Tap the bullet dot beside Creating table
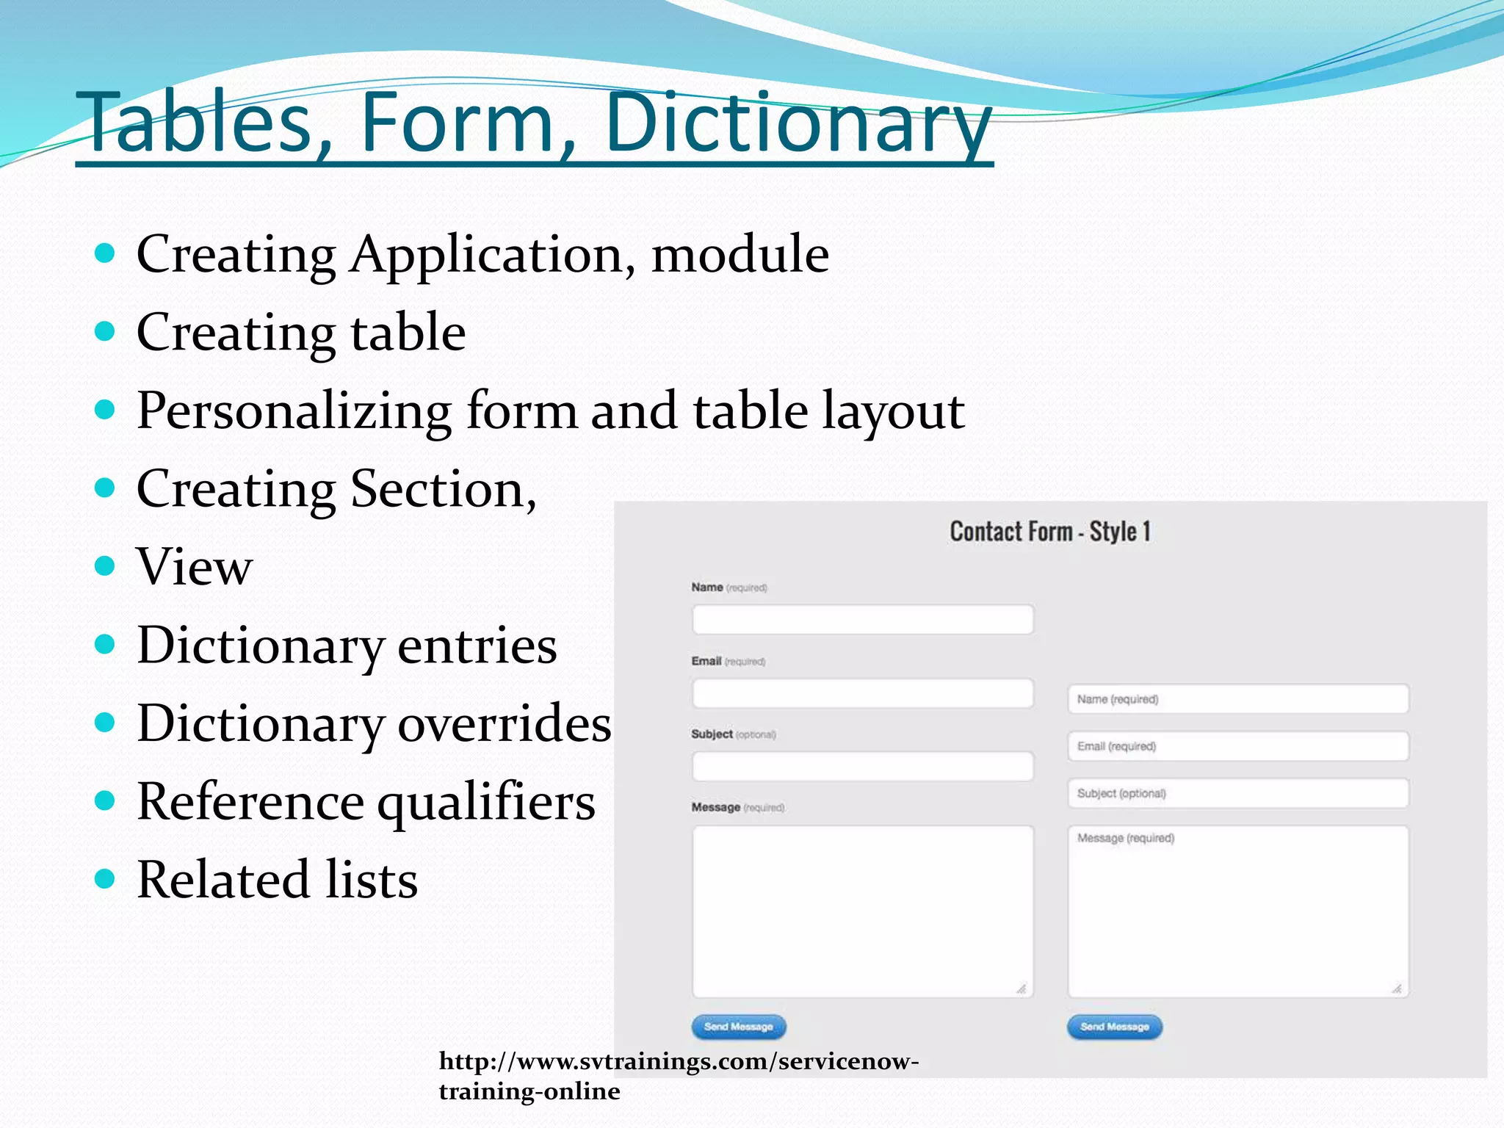pyautogui.click(x=106, y=331)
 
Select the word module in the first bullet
pyautogui.click(x=740, y=254)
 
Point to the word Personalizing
pyautogui.click(x=294, y=411)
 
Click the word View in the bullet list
pyautogui.click(x=195, y=567)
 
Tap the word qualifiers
pyautogui.click(x=486, y=802)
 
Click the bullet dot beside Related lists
pyautogui.click(x=106, y=879)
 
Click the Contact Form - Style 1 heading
pyautogui.click(x=1050, y=532)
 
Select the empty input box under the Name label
pyautogui.click(x=862, y=620)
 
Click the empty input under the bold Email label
pyautogui.click(x=862, y=693)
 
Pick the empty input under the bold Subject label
pyautogui.click(x=862, y=767)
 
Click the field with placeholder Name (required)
pyautogui.click(x=1238, y=699)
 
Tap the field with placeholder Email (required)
pyautogui.click(x=1238, y=746)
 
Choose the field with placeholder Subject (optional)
pyautogui.click(x=1238, y=793)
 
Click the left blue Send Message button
pyautogui.click(x=738, y=1027)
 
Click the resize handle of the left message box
pyautogui.click(x=1022, y=988)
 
